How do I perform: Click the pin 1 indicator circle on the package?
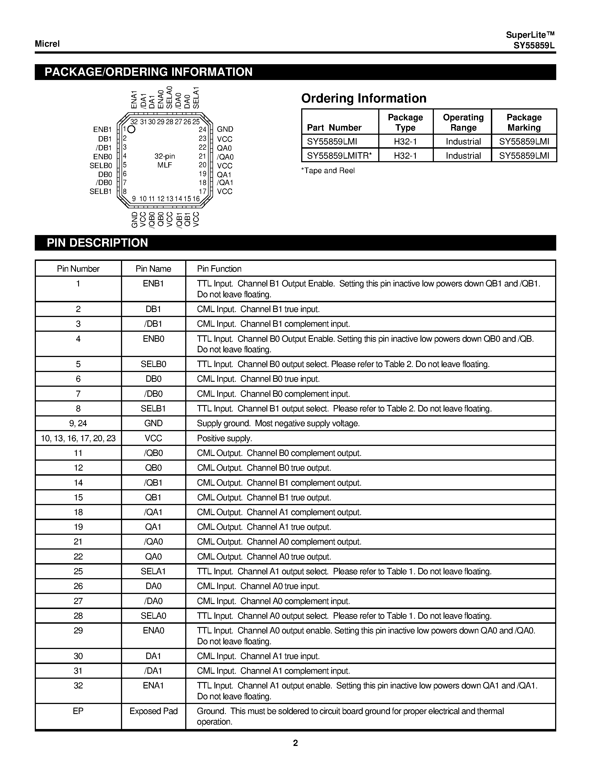pos(132,130)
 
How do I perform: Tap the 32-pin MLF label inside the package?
pos(165,161)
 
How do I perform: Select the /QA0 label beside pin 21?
pos(225,157)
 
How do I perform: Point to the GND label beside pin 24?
pos(225,129)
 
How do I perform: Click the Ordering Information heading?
pos(364,99)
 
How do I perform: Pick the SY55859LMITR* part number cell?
pos(339,156)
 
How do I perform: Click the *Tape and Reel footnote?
pos(328,171)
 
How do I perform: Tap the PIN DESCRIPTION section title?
pos(97,243)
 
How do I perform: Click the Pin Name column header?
pos(153,269)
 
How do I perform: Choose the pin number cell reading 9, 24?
pos(78,423)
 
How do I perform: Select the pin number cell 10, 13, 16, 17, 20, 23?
pos(78,438)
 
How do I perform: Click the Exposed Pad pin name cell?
pos(153,711)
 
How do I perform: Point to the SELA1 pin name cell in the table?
pos(153,571)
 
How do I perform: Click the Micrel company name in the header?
pos(47,44)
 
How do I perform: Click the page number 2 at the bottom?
pos(295,743)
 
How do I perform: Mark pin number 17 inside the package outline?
pos(202,192)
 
